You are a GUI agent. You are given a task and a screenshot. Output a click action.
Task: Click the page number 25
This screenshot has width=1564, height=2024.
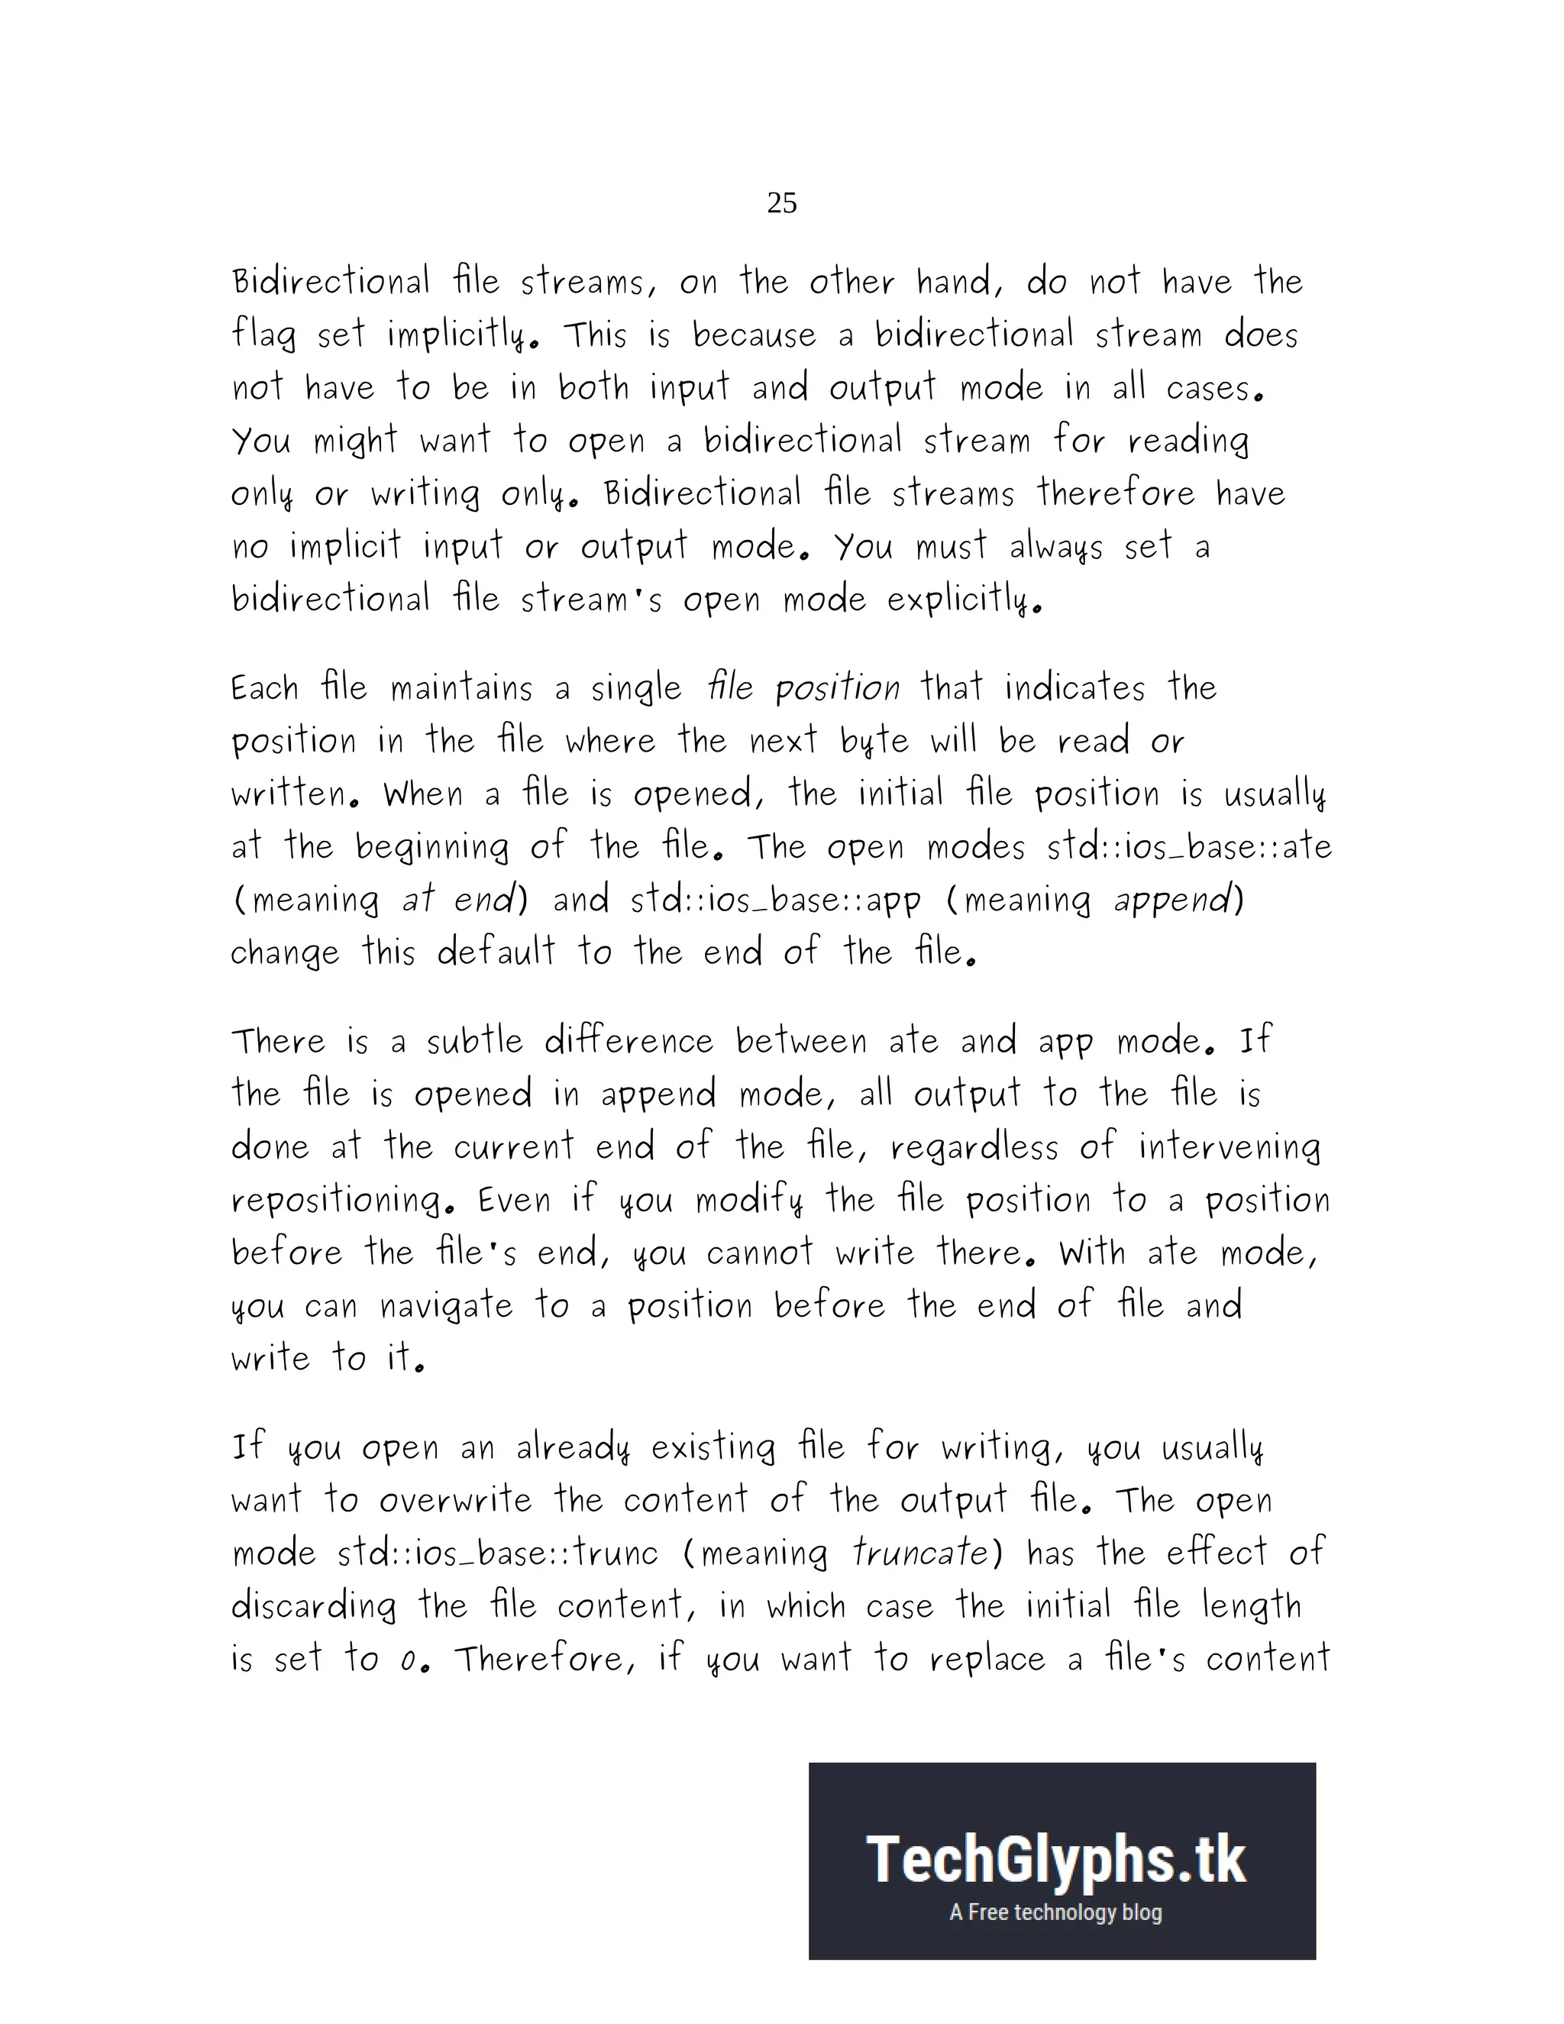coord(782,203)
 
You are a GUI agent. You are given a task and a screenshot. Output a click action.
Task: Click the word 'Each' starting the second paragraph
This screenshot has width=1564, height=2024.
coord(265,689)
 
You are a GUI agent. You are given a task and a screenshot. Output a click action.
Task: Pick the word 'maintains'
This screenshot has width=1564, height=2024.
coord(460,689)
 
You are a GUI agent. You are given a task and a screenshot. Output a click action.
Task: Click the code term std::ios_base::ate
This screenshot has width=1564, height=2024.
coord(1189,847)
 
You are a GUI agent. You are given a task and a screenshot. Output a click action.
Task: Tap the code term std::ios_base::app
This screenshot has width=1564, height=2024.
coord(776,900)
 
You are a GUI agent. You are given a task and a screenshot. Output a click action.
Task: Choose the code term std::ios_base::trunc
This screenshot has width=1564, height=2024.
coord(498,1552)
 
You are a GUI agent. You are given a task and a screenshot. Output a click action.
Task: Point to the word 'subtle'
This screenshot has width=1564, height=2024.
coord(474,1042)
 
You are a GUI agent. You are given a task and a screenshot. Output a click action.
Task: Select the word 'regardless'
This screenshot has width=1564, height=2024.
coord(974,1147)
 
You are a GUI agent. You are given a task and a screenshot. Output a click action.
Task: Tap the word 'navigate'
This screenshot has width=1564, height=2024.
coord(446,1306)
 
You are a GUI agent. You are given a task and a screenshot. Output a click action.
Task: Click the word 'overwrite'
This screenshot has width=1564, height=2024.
coord(455,1499)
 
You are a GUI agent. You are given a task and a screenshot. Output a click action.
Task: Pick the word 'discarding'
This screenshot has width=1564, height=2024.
coord(313,1605)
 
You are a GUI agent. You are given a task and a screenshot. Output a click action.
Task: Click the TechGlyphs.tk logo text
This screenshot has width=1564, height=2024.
coord(1056,1861)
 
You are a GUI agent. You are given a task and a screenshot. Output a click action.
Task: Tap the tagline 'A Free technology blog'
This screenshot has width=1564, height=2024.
coord(1055,1912)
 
